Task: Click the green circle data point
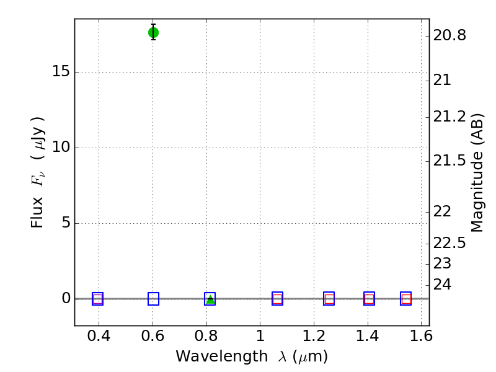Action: pos(153,32)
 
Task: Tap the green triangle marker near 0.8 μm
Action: pos(210,299)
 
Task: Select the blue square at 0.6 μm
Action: pos(153,299)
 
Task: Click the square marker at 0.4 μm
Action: pos(97,299)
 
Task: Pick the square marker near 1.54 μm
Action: pos(406,299)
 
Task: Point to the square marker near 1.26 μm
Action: pos(329,299)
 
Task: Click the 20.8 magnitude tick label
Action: pos(449,36)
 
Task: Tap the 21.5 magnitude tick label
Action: pos(449,161)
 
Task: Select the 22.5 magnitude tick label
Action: pos(449,242)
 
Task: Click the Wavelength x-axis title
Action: pos(251,356)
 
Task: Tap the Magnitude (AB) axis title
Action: pos(477,172)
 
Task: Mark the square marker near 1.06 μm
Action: pos(277,299)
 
